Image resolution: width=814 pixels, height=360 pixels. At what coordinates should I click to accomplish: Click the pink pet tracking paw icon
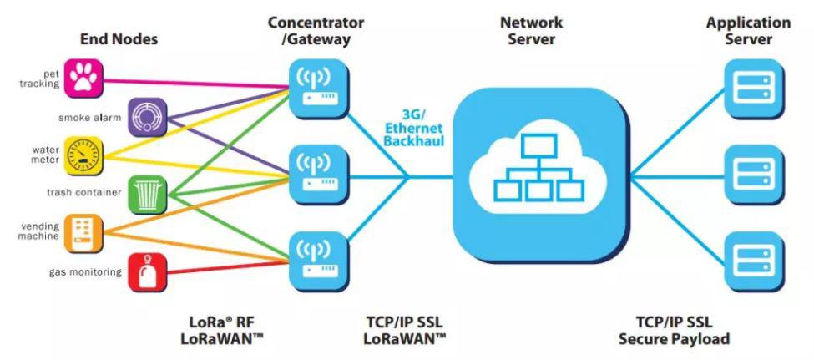[82, 77]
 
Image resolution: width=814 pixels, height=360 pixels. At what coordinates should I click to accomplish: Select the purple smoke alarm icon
[149, 117]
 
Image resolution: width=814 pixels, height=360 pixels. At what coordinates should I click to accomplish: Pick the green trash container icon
[147, 193]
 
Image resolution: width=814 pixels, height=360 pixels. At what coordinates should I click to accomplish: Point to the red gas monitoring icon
[148, 271]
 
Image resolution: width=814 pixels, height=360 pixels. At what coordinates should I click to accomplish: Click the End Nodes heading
[119, 38]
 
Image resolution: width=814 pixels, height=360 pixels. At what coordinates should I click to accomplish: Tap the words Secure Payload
[674, 339]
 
